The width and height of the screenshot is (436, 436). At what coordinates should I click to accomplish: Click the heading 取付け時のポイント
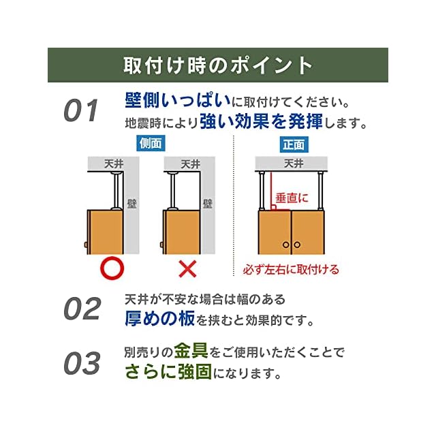(x=218, y=65)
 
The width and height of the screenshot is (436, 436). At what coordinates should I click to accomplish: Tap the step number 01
(x=82, y=111)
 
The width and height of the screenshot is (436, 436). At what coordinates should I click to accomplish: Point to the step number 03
(x=82, y=363)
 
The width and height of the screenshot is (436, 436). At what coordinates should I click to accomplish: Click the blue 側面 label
(x=151, y=144)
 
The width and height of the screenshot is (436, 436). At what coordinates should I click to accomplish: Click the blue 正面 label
(x=294, y=144)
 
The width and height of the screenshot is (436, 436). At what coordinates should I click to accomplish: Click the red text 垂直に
(x=292, y=198)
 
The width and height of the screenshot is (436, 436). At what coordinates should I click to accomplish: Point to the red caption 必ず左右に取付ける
(x=291, y=269)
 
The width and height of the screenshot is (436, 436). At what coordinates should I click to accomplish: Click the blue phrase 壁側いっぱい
(x=177, y=102)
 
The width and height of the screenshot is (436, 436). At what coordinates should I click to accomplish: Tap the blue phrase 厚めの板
(x=160, y=317)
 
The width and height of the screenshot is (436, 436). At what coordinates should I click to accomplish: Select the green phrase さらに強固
(x=169, y=373)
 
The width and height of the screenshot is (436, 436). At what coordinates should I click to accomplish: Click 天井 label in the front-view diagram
(x=293, y=163)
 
